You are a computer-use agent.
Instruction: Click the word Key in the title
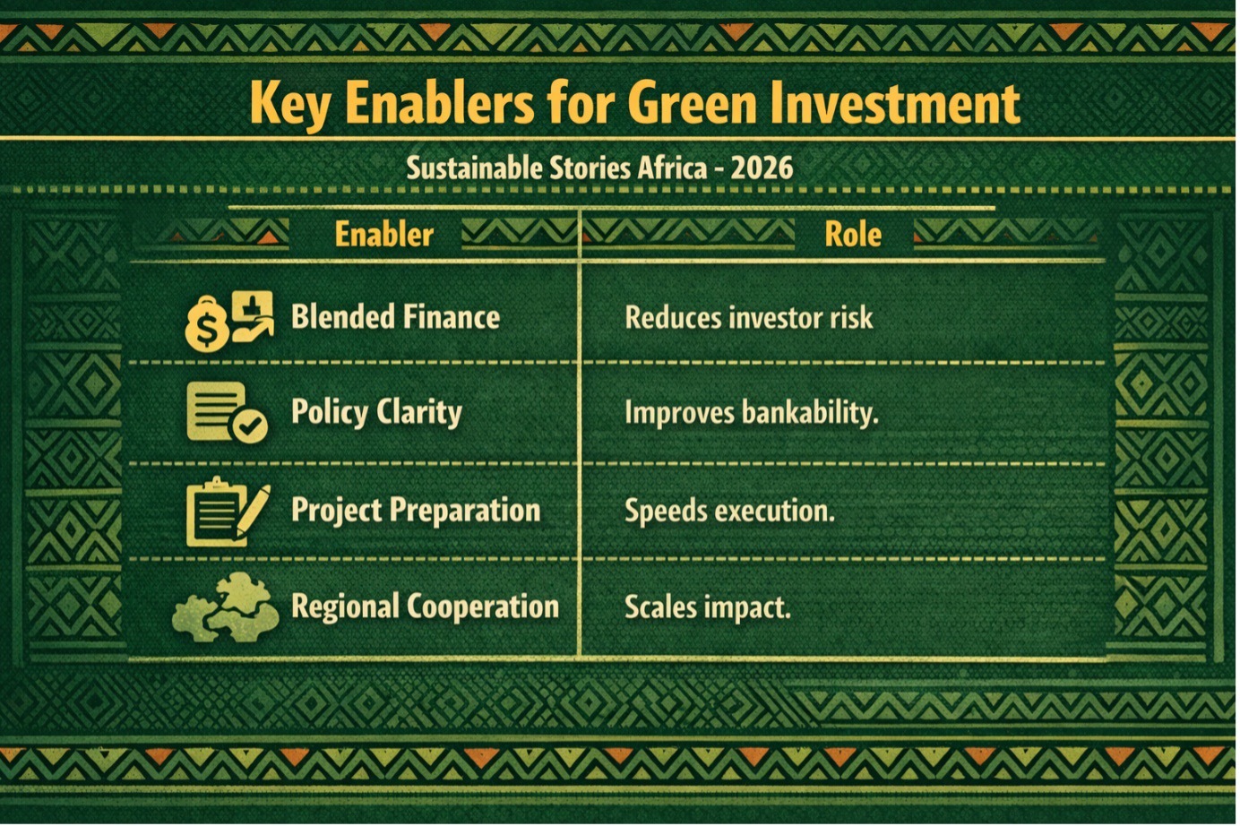click(x=290, y=104)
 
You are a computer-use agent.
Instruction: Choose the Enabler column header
click(x=384, y=234)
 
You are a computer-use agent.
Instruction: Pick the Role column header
click(x=853, y=234)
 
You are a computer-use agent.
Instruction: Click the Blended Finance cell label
click(x=395, y=316)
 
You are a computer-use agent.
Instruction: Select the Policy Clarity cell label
click(x=376, y=412)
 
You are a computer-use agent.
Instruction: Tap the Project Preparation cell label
click(x=416, y=510)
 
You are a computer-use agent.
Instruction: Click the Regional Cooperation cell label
click(x=426, y=607)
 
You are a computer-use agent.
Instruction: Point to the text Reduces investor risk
click(x=749, y=318)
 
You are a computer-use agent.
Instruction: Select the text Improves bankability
click(x=752, y=414)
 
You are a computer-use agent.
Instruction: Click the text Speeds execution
click(x=729, y=511)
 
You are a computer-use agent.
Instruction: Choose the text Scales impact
click(x=708, y=607)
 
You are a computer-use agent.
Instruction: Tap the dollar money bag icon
click(x=206, y=324)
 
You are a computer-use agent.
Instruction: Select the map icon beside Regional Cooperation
click(x=225, y=607)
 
